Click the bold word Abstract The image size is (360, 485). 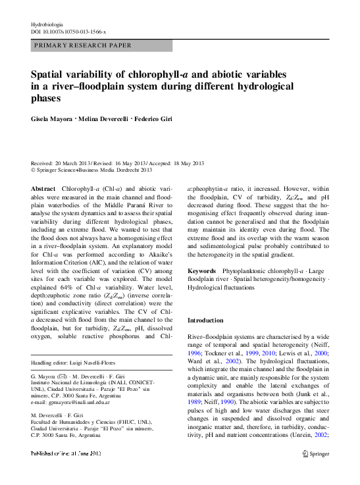point(43,190)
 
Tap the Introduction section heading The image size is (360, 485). point(207,320)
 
